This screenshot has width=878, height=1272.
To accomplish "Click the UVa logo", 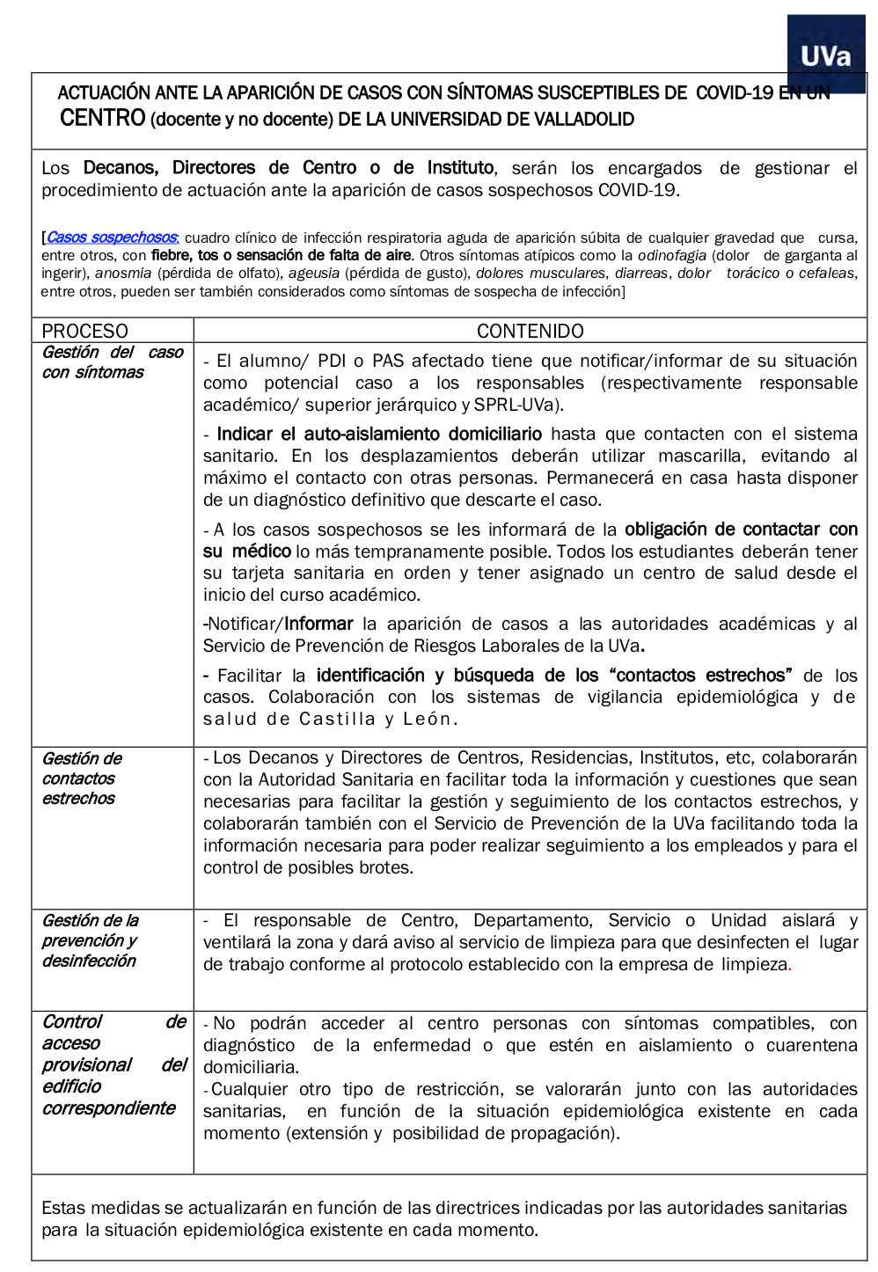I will coord(826,55).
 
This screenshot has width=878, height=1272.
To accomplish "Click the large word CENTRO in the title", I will coord(102,118).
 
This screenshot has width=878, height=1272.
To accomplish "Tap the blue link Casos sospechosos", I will coord(112,238).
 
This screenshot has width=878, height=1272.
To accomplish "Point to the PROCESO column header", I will coord(84,331).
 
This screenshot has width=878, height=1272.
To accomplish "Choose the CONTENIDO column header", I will coord(530,331).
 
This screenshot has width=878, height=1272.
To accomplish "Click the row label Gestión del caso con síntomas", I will coord(112,362).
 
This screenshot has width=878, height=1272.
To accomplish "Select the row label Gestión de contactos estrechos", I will coord(81,779).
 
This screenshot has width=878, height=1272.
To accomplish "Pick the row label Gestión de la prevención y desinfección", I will coord(90,940).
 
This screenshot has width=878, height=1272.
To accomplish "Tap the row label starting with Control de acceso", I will coord(113,1064).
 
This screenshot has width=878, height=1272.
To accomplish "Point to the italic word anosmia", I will coord(123,274).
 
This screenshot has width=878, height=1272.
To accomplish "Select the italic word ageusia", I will coord(314,274).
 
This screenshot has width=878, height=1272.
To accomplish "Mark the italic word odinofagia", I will coord(671,255).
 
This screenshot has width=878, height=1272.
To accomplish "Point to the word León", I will coord(428,719).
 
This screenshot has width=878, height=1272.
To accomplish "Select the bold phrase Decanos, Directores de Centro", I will coord(220,168).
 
